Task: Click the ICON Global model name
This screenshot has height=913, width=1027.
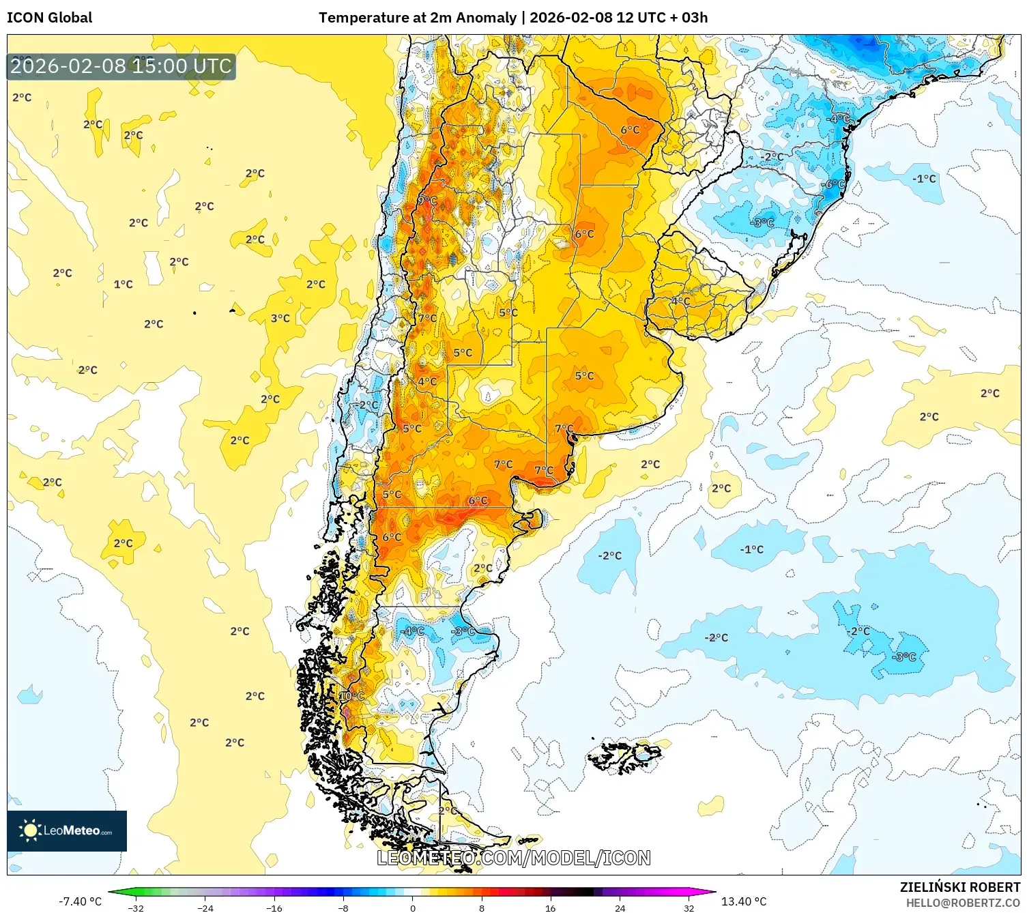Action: click(50, 18)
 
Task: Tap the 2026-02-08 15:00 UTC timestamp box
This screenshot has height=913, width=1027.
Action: click(121, 66)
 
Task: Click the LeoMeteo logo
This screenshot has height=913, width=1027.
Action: click(67, 830)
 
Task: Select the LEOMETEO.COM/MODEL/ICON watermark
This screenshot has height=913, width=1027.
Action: click(513, 858)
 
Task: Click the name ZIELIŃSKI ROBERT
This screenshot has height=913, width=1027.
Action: click(959, 887)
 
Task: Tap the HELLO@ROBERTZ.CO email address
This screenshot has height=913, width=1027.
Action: click(963, 903)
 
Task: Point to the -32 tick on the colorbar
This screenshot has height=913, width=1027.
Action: click(136, 908)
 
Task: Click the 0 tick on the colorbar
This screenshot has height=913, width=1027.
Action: click(412, 908)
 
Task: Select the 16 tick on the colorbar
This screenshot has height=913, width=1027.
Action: click(550, 908)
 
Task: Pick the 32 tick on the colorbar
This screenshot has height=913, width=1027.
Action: click(689, 908)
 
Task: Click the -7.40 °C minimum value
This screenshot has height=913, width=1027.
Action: click(80, 901)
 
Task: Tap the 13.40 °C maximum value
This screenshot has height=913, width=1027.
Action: click(744, 901)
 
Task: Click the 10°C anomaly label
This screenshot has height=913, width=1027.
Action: click(352, 696)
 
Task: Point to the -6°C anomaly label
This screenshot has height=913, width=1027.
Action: click(832, 185)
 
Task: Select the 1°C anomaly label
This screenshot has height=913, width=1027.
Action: click(124, 285)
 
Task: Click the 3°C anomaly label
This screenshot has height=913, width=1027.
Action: click(280, 318)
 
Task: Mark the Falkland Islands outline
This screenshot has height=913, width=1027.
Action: click(624, 756)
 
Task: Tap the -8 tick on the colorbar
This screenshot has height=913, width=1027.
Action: click(343, 908)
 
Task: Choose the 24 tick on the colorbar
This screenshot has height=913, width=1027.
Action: click(620, 908)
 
